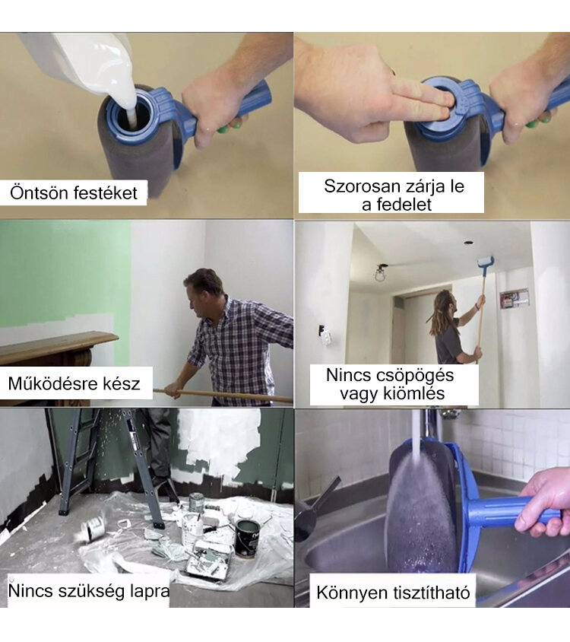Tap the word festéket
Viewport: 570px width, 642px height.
pyautogui.click(x=106, y=193)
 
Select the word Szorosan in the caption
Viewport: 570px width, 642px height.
pyautogui.click(x=362, y=186)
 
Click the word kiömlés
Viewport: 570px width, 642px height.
pyautogui.click(x=414, y=393)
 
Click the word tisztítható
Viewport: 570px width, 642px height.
pyautogui.click(x=432, y=593)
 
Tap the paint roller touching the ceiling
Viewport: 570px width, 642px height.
pyautogui.click(x=486, y=263)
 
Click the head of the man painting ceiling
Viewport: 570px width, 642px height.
pyautogui.click(x=445, y=302)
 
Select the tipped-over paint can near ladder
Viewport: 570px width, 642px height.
pyautogui.click(x=93, y=526)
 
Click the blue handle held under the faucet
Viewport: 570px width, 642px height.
pyautogui.click(x=508, y=512)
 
